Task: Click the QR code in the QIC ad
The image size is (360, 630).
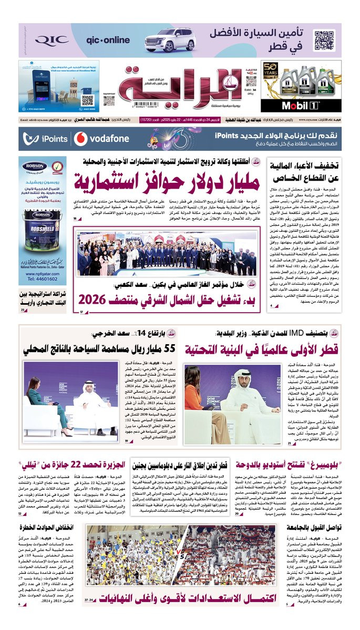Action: click(x=324, y=40)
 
